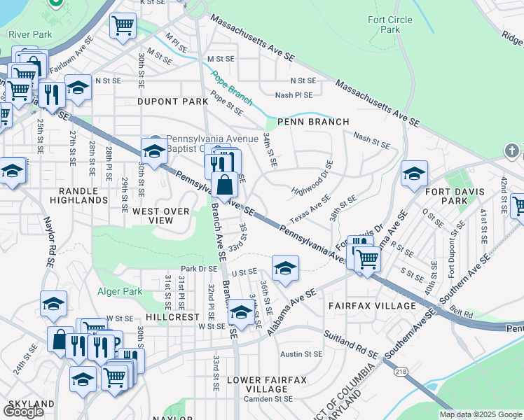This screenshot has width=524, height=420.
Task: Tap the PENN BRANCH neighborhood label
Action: coord(313,122)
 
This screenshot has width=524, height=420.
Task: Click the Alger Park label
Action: coord(122,292)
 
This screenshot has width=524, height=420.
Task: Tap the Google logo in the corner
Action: coord(23,412)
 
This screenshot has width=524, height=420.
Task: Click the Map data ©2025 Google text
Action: coord(481,414)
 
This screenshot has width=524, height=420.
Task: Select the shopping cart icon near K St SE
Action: coord(123,26)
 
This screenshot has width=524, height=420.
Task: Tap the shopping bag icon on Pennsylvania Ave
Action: coord(225,185)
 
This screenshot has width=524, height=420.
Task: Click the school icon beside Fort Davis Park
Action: coord(414,173)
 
